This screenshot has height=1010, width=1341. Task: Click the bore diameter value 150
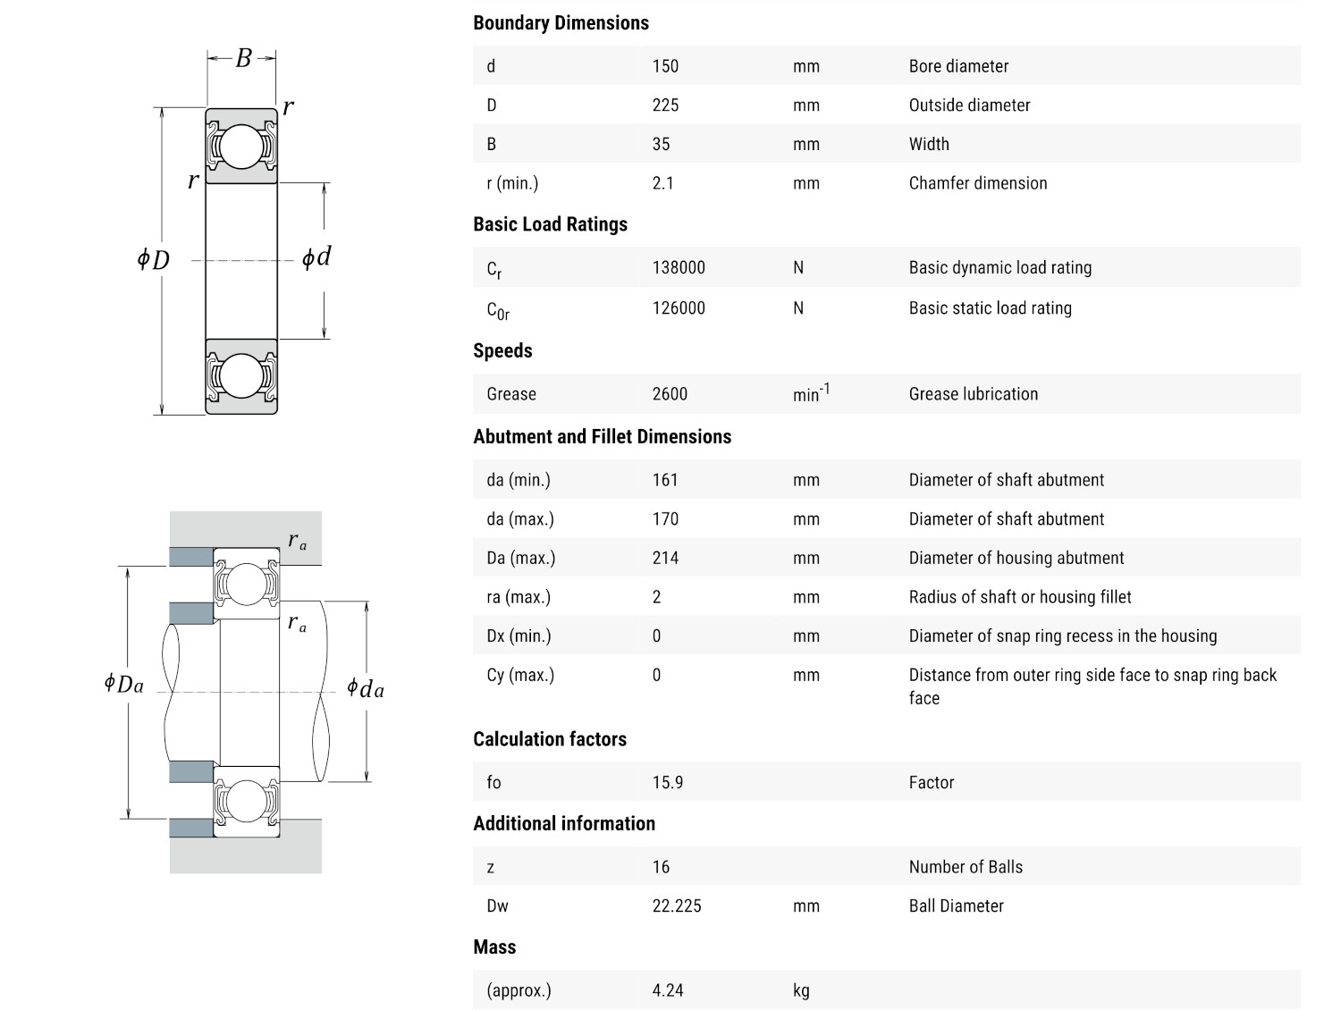pos(665,66)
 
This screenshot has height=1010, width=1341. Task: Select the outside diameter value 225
pos(665,105)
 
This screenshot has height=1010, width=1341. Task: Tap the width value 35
pos(661,144)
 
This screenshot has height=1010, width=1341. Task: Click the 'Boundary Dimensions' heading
pos(561,23)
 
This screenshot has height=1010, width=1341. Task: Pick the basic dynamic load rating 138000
pos(679,267)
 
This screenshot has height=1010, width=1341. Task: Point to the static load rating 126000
pos(679,308)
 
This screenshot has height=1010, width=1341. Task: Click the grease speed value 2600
pos(670,394)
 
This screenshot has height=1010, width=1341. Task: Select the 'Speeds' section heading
pos(502,350)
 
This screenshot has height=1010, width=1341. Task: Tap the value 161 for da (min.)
pos(665,480)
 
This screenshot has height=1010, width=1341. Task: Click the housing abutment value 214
pos(665,558)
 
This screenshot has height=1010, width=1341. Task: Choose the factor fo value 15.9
pos(668,783)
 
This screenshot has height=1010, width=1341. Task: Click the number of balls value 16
pos(661,867)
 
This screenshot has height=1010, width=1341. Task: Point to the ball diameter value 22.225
pos(677,906)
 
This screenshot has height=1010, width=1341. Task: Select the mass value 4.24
pos(668,990)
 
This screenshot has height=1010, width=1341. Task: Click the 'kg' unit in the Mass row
pos(801,990)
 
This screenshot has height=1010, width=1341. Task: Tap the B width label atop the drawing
pos(243,59)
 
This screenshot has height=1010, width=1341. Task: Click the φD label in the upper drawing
pos(153,260)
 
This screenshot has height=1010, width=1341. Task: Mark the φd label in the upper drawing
pos(316,257)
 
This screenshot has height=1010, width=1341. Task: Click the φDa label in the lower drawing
pos(123,685)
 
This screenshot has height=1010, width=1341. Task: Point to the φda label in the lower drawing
pos(366,688)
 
